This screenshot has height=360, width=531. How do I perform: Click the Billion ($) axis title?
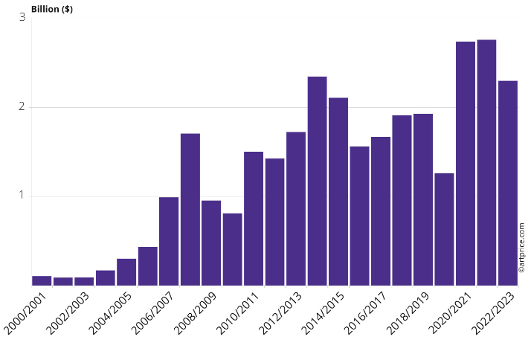point(52,9)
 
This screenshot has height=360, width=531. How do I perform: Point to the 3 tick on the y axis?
point(22,17)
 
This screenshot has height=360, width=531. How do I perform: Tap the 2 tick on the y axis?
point(22,106)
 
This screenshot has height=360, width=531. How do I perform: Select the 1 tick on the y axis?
point(22,196)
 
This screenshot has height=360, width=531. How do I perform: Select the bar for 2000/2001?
point(42,280)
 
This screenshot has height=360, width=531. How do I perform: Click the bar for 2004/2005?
point(126,272)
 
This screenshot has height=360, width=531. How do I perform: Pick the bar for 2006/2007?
point(169,241)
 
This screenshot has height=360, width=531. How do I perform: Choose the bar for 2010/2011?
point(254,219)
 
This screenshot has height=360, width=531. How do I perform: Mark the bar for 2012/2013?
point(296,209)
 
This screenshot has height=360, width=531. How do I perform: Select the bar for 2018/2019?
point(423,200)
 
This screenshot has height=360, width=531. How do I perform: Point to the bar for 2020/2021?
point(466,164)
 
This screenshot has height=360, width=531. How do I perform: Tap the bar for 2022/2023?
point(508,183)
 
